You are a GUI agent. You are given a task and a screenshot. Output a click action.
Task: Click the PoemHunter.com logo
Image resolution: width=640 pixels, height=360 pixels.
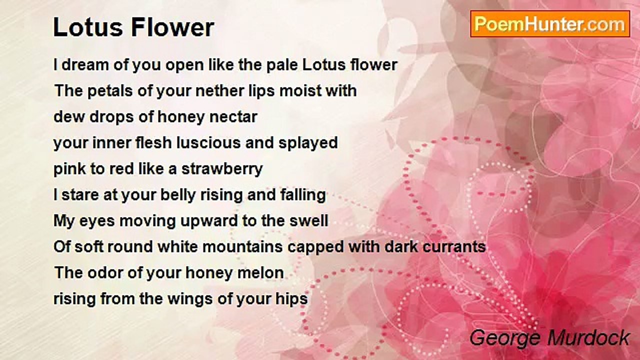coord(550,24)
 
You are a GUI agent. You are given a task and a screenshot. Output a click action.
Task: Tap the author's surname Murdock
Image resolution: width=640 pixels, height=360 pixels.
coord(588,338)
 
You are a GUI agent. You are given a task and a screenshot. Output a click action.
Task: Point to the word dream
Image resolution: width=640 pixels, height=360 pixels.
coord(85,65)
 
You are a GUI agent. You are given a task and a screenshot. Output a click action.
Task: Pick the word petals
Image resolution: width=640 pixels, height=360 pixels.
coord(110,91)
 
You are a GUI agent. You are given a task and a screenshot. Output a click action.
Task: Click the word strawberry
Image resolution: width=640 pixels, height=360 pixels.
coord(222,169)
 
